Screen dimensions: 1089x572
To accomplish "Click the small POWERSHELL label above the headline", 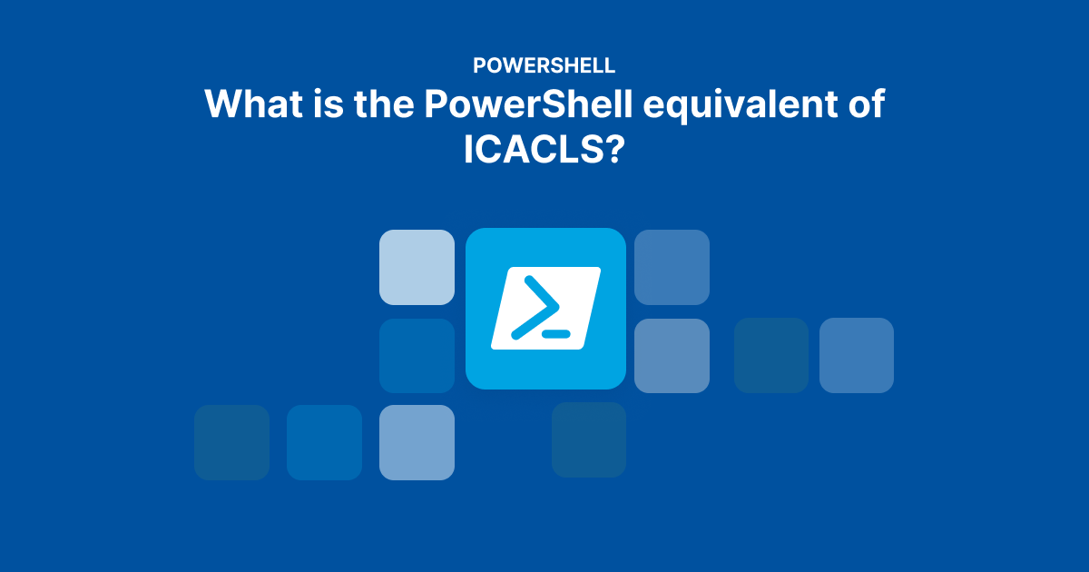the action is coord(544,65).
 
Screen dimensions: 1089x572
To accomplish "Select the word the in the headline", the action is coord(384,104).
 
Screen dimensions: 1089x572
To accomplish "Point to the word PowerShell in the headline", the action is coord(528,104).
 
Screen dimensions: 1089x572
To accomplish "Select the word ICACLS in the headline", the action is coord(534,149).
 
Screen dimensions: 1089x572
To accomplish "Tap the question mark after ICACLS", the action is coord(614,149).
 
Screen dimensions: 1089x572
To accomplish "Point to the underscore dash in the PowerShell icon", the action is coord(556,334).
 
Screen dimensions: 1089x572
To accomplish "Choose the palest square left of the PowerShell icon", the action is coord(417,268).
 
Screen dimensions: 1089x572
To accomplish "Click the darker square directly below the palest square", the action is coord(417,356).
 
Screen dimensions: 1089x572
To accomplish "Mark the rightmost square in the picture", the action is coord(857,356).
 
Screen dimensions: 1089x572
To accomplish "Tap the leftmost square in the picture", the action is coord(232,443).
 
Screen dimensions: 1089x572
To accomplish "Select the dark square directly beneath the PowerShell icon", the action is coord(589,439).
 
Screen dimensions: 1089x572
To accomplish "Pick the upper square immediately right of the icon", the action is coord(672,268).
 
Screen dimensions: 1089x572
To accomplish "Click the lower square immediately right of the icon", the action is coord(672,356).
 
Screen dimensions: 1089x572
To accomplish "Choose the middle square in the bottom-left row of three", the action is coord(324,443).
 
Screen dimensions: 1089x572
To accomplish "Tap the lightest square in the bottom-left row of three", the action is coord(417,443).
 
